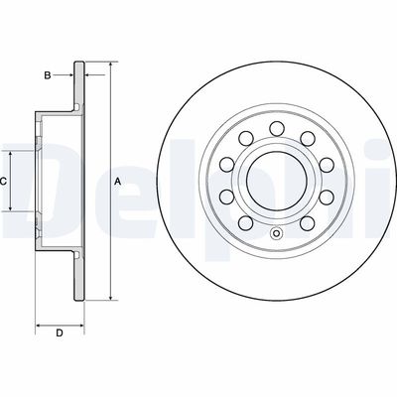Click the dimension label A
click(x=117, y=182)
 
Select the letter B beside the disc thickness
click(x=48, y=75)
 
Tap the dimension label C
click(x=3, y=182)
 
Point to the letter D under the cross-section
click(x=60, y=333)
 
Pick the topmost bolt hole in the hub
click(x=277, y=129)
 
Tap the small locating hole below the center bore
click(x=276, y=233)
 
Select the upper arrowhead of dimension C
click(x=11, y=155)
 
